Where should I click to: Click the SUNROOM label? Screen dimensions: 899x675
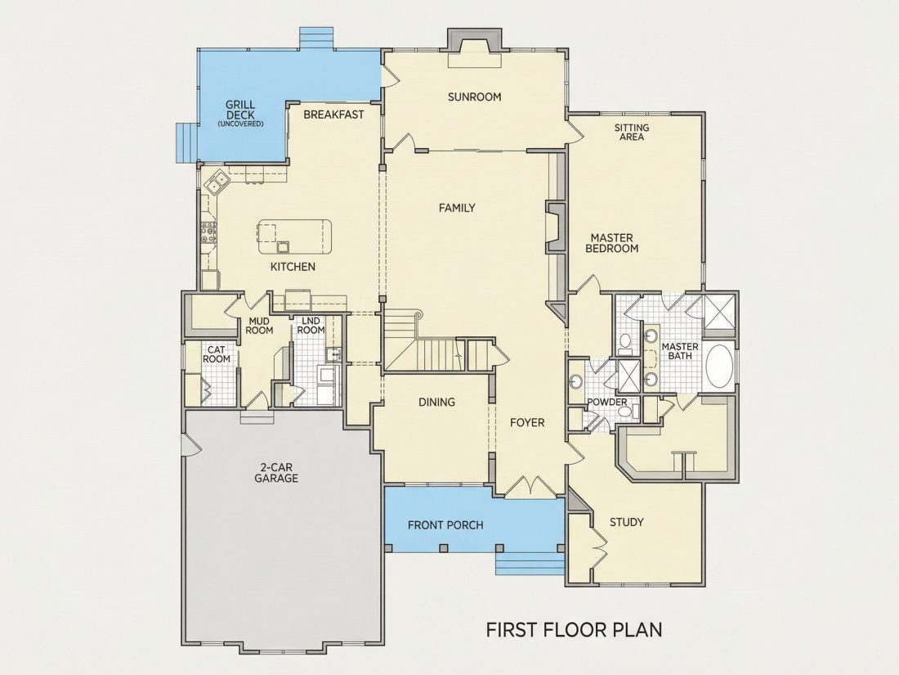click(x=474, y=97)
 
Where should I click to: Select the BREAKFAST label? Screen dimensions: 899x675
click(x=333, y=115)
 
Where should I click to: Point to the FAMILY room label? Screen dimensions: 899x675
click(x=457, y=208)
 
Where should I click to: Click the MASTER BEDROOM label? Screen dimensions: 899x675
click(x=612, y=243)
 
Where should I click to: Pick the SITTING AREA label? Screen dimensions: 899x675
click(x=632, y=132)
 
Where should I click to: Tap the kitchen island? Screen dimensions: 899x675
click(x=295, y=236)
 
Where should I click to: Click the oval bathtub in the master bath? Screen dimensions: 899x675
click(x=718, y=367)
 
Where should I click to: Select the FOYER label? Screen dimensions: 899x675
click(x=527, y=423)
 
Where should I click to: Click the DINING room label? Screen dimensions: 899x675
click(x=437, y=403)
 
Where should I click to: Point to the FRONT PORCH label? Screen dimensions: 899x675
click(x=445, y=525)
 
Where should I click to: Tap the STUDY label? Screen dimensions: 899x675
click(x=626, y=522)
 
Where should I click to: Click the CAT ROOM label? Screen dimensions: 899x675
click(x=216, y=354)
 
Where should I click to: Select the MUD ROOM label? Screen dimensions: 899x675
click(x=260, y=326)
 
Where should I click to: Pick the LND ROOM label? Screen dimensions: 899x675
click(x=311, y=326)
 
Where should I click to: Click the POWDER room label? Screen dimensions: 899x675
click(x=607, y=403)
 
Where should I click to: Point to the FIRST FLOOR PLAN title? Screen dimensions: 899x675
click(x=574, y=630)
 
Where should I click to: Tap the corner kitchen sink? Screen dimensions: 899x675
click(x=216, y=182)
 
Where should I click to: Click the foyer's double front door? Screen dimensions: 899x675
click(x=527, y=486)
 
